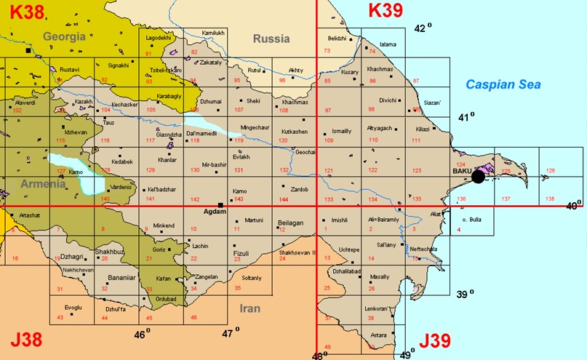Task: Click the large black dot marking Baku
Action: (x=478, y=176)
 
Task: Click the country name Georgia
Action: (x=64, y=36)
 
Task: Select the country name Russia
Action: (x=271, y=39)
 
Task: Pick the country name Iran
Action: (x=249, y=308)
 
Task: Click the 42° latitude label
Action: (x=422, y=28)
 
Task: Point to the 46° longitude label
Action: (x=143, y=335)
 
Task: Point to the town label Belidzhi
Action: (x=338, y=38)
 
